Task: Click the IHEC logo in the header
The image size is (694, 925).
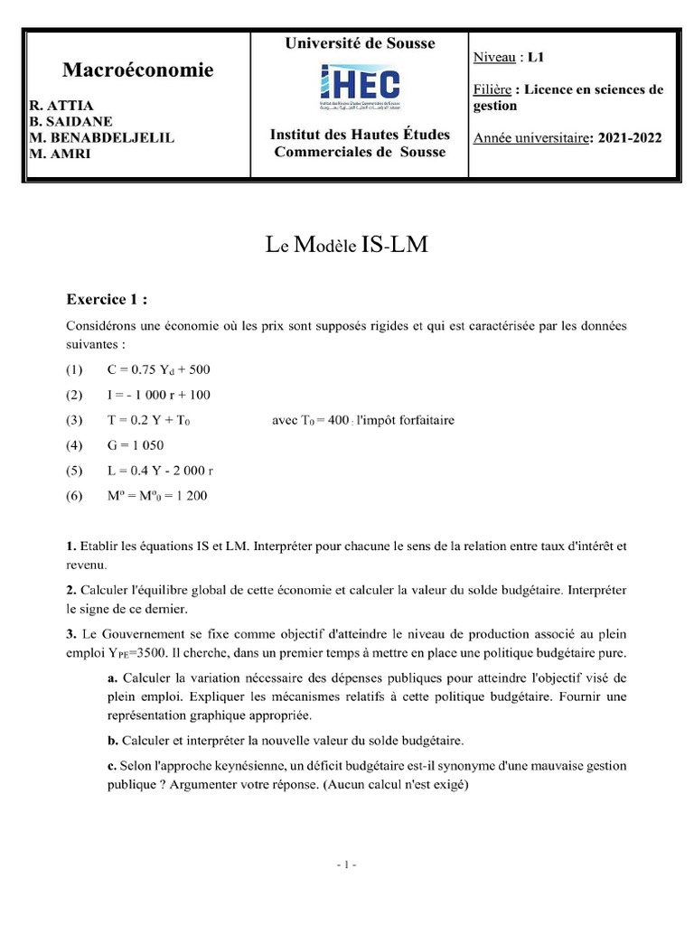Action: click(x=360, y=87)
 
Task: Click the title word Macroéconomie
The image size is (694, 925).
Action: click(x=138, y=70)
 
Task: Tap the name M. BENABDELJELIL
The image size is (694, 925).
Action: click(x=102, y=137)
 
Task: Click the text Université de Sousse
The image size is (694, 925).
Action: click(x=360, y=43)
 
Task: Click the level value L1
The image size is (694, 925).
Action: click(x=536, y=57)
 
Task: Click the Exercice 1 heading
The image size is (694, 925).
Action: click(x=107, y=298)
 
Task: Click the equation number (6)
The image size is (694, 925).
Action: click(x=74, y=496)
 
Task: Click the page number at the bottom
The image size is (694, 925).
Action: click(x=346, y=864)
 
